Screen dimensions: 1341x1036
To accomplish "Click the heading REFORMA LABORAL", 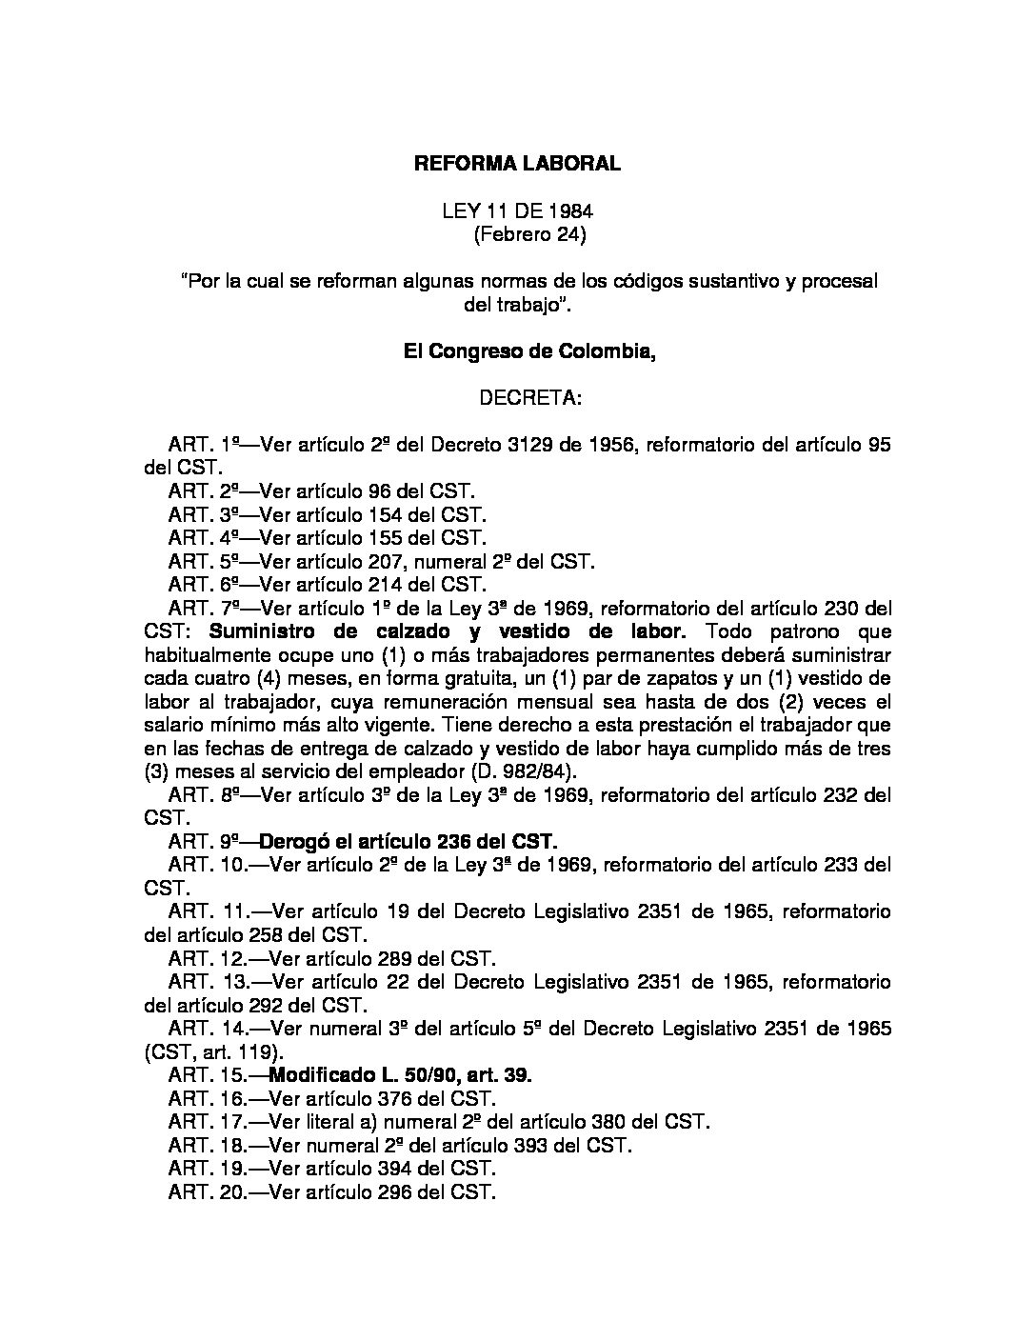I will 517,164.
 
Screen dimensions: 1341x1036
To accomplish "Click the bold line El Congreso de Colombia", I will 530,351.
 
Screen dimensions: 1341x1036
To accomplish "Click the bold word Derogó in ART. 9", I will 295,841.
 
